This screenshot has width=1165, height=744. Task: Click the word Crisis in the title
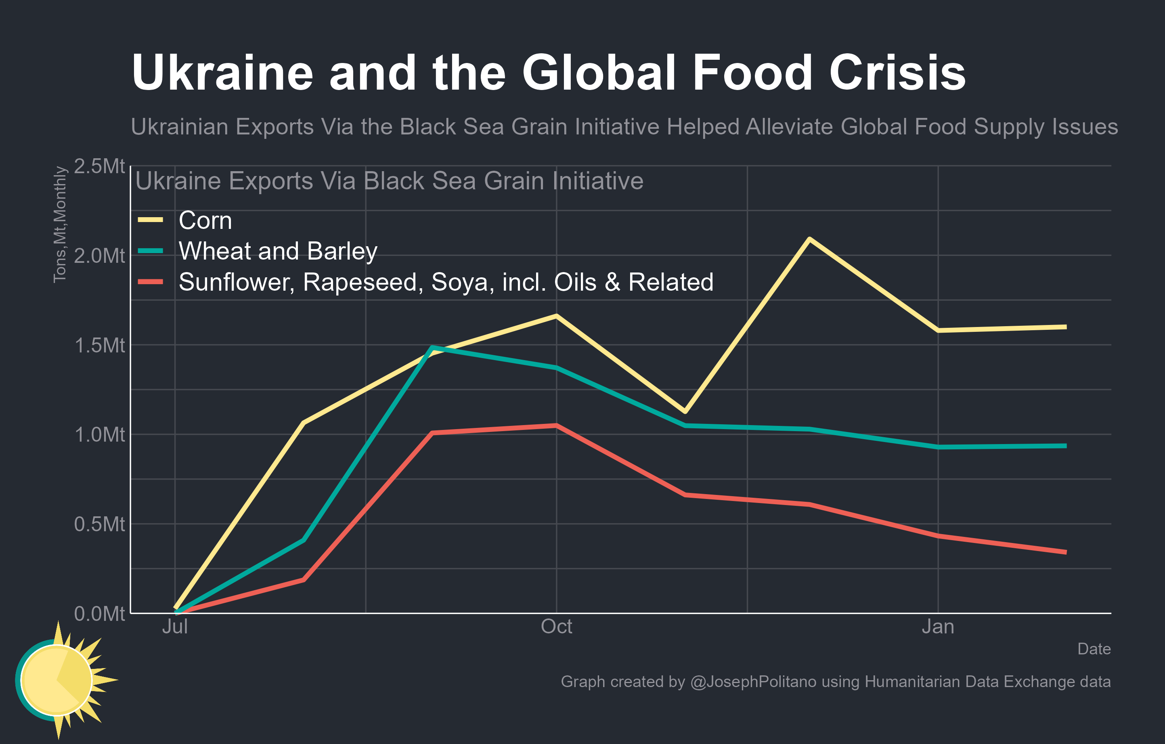pos(897,73)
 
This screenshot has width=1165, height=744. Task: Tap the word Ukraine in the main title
pos(222,73)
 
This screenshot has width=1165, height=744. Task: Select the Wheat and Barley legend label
pos(278,251)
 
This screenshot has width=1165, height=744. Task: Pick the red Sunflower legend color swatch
pos(151,281)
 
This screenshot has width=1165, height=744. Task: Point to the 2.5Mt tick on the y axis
pos(99,166)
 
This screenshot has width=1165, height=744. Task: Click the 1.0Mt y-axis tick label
pos(99,434)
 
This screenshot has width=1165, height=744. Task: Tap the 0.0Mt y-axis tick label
pos(99,613)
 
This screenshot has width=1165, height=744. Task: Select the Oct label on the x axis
pos(556,627)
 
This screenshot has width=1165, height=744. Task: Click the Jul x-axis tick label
pos(175,627)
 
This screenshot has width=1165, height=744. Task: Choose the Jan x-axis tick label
pos(938,627)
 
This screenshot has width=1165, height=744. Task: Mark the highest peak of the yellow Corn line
pos(809,239)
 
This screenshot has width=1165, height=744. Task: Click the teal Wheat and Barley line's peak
pos(432,347)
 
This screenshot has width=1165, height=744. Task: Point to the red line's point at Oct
pos(556,425)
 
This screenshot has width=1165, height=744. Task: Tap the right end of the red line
pos(1065,552)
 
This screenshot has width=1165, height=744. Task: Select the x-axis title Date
pos(1094,649)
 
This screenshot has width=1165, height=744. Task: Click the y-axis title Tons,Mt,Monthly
pos(60,224)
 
